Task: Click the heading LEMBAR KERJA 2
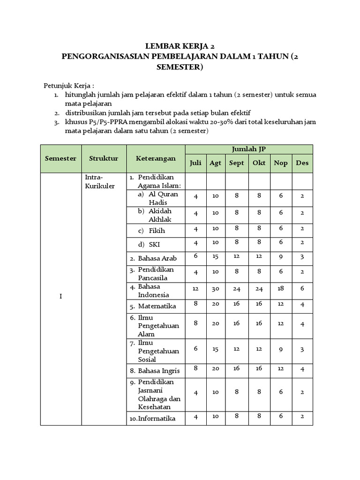point(180,46)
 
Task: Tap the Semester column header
point(60,158)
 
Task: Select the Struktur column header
point(104,158)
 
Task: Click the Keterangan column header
point(156,158)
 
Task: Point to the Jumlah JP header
point(248,149)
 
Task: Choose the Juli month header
point(195,163)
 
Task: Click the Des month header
point(302,163)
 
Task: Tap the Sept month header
point(237,163)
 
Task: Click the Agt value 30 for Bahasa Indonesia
point(216,289)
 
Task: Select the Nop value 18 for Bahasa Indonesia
point(281,289)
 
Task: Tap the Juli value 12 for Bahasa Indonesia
point(195,289)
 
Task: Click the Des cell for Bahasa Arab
point(302,256)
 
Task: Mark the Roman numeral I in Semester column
point(60,297)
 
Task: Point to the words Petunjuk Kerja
point(69,86)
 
